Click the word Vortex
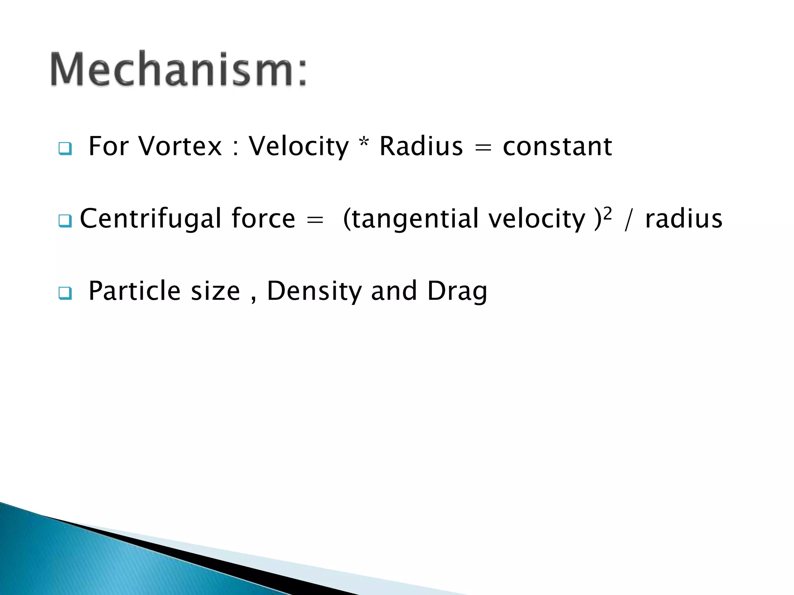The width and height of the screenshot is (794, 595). click(180, 146)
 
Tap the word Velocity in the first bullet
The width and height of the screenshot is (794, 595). click(299, 146)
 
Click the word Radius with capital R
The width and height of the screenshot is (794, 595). click(421, 146)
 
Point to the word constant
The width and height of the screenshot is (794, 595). click(557, 146)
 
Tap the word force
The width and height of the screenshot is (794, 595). click(263, 219)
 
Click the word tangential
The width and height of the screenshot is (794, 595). click(415, 219)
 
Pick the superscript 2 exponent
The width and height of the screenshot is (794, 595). click(608, 213)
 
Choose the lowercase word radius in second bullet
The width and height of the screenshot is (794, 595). click(684, 219)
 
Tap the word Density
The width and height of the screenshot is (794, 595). click(314, 292)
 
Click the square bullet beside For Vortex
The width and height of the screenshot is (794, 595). click(65, 148)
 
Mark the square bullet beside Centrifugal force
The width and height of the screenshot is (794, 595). click(65, 221)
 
